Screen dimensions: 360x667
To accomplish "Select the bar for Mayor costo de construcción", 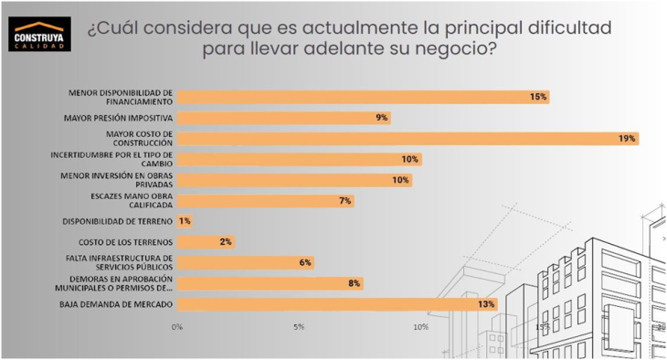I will [407, 139].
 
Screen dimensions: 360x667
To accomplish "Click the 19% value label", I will [627, 139].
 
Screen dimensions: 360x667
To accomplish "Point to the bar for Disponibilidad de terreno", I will [184, 221].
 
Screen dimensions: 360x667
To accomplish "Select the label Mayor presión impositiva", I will [119, 118].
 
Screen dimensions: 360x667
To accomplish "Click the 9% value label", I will [381, 118].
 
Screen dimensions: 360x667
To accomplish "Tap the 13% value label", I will [485, 304].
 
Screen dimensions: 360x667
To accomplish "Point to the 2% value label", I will [226, 242].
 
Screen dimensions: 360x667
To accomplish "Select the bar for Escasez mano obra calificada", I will [265, 200].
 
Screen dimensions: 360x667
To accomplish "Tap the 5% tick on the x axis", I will [299, 326].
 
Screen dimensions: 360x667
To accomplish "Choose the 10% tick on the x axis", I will [420, 326].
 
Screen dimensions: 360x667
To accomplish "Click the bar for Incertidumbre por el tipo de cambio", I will [299, 159].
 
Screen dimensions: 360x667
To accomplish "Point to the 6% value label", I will [304, 262].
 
